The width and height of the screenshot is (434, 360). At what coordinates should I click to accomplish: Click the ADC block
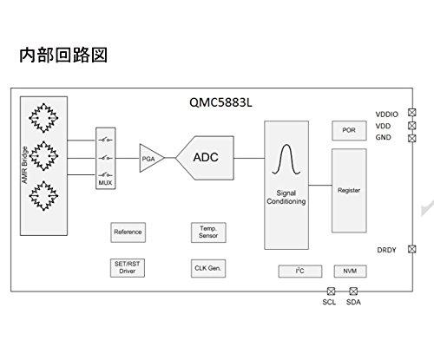205,158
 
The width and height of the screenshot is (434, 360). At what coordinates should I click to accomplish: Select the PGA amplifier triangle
151,158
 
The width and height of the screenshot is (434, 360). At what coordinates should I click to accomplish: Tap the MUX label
105,183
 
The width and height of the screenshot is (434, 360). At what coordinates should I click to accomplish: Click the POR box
349,130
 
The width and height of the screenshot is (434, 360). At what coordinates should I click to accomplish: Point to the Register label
349,190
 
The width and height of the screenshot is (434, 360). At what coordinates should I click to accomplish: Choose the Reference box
128,232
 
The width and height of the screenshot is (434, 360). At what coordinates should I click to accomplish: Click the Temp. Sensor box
208,232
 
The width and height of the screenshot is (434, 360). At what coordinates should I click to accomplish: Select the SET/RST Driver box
128,268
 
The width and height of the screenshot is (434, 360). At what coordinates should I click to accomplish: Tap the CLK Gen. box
208,268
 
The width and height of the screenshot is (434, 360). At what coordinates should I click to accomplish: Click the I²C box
300,271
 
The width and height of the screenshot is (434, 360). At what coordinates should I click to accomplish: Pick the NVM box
350,271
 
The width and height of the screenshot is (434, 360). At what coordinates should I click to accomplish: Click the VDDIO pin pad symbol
412,112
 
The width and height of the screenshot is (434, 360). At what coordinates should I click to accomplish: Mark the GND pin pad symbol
412,138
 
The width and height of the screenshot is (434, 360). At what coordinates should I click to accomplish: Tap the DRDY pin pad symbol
412,249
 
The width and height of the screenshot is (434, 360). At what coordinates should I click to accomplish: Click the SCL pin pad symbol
331,291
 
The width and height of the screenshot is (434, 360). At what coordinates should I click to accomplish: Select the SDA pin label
353,302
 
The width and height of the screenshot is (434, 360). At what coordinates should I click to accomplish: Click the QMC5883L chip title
220,102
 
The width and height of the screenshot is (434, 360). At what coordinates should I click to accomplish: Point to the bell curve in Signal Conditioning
286,160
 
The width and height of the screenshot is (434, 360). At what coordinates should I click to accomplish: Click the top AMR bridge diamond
43,118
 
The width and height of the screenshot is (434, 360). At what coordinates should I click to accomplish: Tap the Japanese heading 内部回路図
63,55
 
